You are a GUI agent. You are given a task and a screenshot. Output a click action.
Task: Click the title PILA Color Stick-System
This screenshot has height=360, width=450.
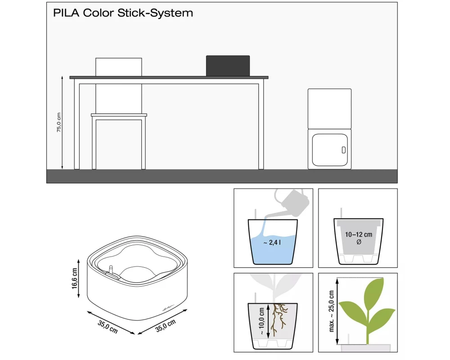pos(123,13)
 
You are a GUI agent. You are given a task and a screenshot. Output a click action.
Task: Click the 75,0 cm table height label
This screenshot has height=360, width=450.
pos(58,122)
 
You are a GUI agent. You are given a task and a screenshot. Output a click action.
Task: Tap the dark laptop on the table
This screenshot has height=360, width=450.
pos(228,66)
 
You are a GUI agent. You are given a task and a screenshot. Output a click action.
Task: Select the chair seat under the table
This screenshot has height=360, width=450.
pos(119,115)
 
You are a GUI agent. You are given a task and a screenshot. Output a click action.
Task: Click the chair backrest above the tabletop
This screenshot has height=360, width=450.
pos(119,67)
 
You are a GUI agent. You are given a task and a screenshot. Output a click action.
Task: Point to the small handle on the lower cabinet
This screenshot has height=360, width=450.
pos(344,149)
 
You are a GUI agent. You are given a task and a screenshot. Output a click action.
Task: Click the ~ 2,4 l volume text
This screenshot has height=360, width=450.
pos(272,243)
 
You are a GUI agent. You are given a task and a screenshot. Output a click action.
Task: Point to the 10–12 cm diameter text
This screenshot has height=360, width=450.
pos(358,234)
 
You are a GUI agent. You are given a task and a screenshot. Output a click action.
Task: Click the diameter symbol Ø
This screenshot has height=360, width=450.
pos(358,243)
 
